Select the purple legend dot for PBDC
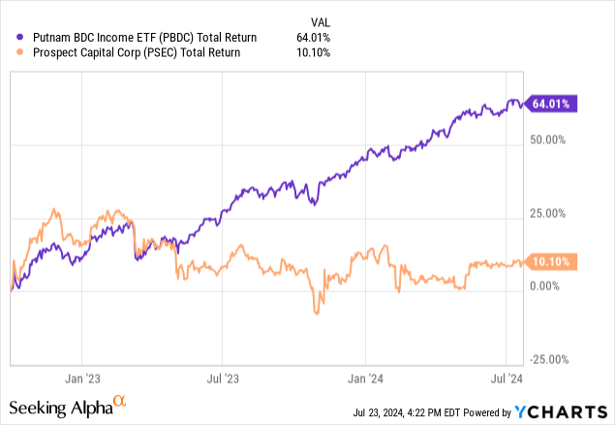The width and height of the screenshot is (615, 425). pos(21,38)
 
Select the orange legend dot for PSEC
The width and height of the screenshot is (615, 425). pos(21,52)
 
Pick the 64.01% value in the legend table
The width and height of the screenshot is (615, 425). pos(314,38)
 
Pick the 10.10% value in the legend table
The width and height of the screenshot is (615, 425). pos(314,52)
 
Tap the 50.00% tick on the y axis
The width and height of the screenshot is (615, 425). pos(555,140)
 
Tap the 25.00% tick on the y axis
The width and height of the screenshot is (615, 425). pos(555,213)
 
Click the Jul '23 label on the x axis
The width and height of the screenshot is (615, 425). pos(225,379)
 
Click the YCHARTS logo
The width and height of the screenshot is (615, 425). pos(567,407)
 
